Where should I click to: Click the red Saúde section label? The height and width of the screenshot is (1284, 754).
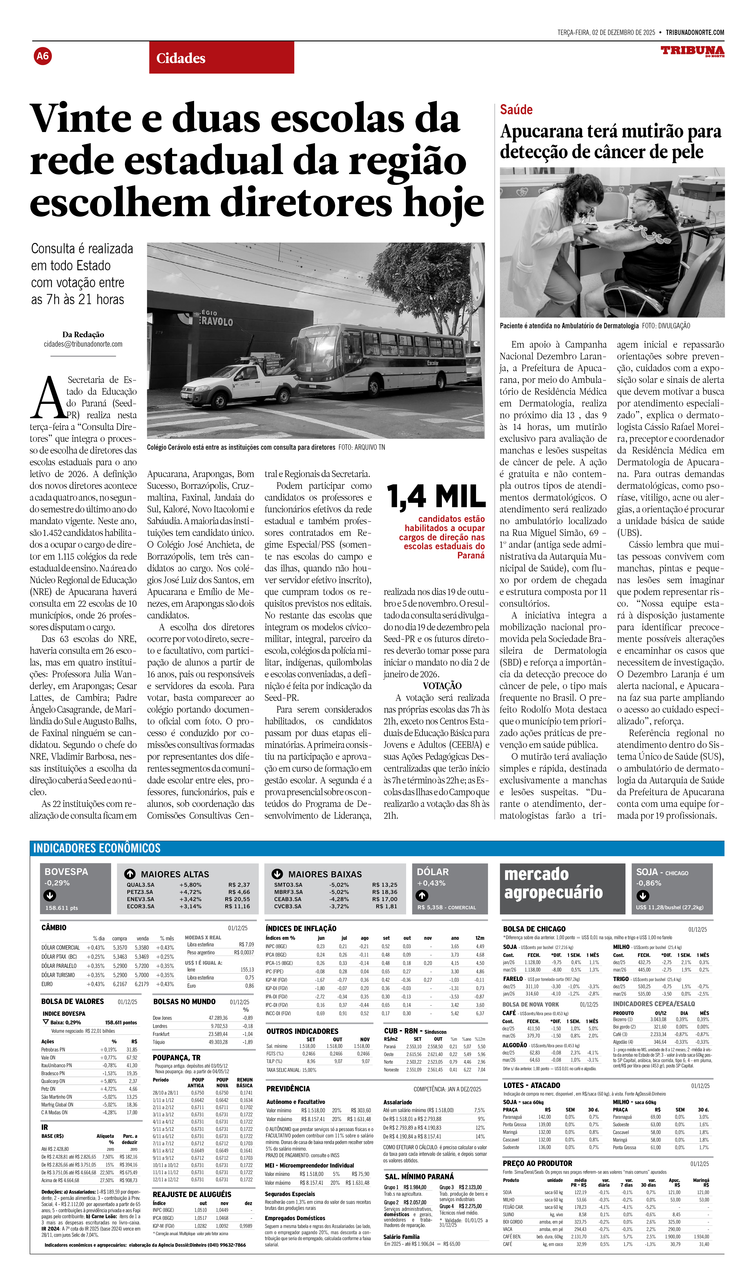click(516, 109)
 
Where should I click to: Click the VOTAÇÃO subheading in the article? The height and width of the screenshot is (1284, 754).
click(442, 686)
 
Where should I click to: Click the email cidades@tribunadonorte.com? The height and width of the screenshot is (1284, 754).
click(83, 344)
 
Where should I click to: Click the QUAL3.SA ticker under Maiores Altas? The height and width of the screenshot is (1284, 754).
click(141, 885)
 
